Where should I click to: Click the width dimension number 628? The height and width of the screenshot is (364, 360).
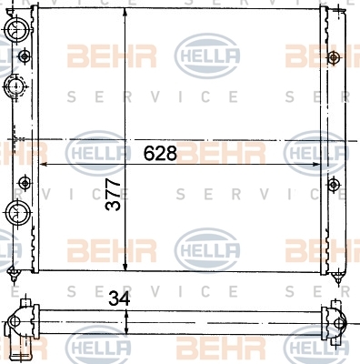coord(160,153)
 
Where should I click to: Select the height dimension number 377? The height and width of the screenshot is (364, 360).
coord(113,195)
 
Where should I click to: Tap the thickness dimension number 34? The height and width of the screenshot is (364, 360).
coord(119,298)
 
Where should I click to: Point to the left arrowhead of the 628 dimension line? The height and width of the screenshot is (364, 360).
coord(44,164)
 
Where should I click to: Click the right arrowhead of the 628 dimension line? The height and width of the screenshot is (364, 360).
coord(315,164)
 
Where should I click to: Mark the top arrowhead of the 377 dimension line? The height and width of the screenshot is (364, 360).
coord(125,12)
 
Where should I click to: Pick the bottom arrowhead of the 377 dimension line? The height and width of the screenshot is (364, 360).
coord(125,267)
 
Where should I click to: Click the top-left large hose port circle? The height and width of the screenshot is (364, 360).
coord(17,29)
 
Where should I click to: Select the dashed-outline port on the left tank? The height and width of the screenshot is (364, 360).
coord(15,86)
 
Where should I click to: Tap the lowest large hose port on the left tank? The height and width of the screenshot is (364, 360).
coord(17,212)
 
